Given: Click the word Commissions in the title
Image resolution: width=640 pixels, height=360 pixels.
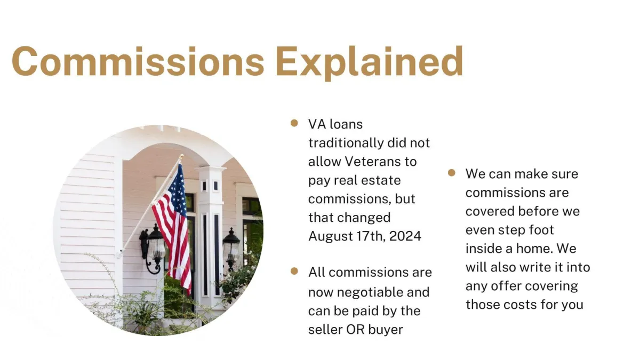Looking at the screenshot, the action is [138, 62].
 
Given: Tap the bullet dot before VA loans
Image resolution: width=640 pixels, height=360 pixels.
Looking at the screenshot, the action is [294, 123].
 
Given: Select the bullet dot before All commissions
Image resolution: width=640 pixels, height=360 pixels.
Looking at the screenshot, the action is [294, 271].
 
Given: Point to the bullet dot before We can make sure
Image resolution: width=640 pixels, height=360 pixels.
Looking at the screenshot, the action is [452, 173].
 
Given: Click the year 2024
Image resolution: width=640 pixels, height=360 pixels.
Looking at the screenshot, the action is [405, 236].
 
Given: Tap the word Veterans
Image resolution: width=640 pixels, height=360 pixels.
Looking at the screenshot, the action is [372, 162].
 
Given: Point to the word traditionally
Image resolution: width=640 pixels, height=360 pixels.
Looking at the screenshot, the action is [346, 143].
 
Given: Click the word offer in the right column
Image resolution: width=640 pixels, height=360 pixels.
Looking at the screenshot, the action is [504, 286].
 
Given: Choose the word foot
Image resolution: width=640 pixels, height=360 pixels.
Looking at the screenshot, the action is [541, 230].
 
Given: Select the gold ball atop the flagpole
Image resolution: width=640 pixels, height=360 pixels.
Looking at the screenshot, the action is [181, 157].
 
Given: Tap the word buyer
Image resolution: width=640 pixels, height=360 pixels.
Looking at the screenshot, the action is [386, 330].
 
